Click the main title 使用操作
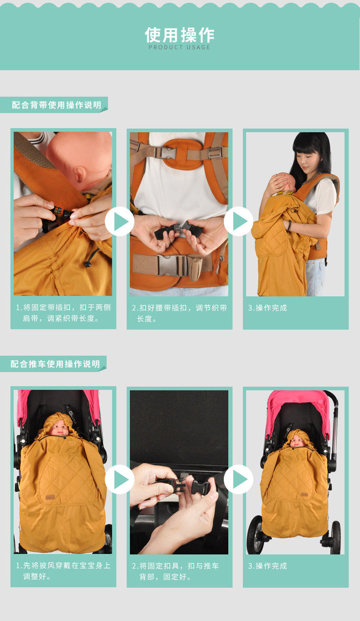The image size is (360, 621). [x=180, y=35]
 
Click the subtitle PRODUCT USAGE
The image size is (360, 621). [x=180, y=47]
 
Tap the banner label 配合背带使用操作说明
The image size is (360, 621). [x=56, y=105]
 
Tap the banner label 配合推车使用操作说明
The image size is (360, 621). [x=55, y=364]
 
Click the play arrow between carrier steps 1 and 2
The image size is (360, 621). [x=120, y=221]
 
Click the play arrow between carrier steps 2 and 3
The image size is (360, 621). [x=239, y=221]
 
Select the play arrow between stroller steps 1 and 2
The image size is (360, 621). [x=120, y=479]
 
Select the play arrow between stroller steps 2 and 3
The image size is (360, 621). [x=239, y=479]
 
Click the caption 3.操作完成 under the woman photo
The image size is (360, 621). [x=267, y=308]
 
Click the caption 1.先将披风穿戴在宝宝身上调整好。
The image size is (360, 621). [x=63, y=571]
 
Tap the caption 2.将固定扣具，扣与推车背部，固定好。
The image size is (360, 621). [x=176, y=571]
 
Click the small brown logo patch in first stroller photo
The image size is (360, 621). [x=50, y=498]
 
